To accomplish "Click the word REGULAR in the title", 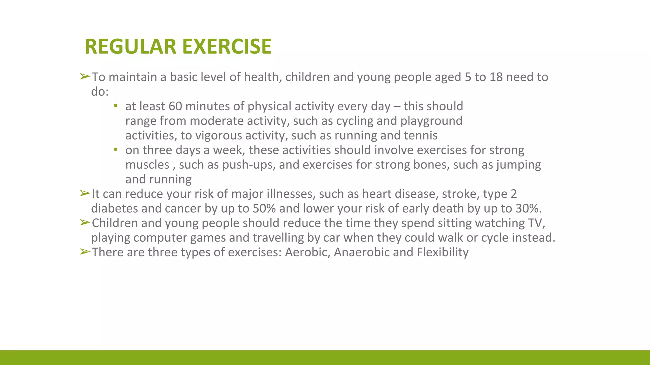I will click(130, 47).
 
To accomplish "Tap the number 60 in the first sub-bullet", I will click(175, 106).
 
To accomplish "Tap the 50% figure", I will click(264, 208).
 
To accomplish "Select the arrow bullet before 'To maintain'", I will click(85, 77).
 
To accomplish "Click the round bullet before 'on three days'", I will click(116, 149).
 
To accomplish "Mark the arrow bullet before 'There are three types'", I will click(85, 252).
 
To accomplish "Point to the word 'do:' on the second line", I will click(100, 92).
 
